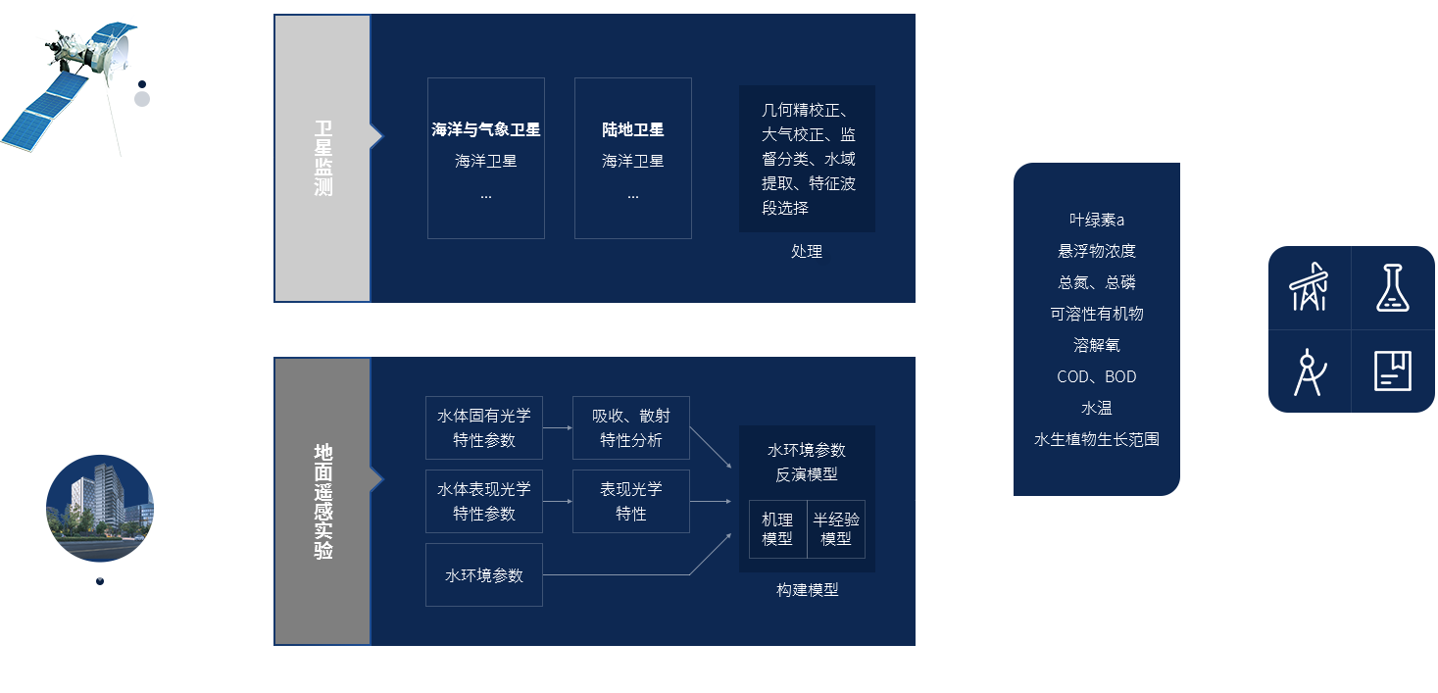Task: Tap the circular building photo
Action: tap(100, 508)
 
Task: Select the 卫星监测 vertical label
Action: tap(322, 158)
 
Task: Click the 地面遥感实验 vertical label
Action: tap(322, 501)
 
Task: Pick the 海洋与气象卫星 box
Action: tap(486, 158)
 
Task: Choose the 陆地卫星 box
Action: tap(633, 158)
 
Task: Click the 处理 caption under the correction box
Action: tap(807, 252)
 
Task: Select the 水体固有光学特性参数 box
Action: tap(484, 427)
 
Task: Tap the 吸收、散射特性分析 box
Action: tap(631, 427)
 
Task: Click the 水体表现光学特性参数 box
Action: tap(484, 501)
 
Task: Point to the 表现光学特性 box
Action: tap(631, 501)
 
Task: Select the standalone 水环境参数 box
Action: tap(484, 575)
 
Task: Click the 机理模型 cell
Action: tap(777, 529)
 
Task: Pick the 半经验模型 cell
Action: tap(836, 529)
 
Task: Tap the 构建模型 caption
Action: tap(807, 590)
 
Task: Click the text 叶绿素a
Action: tap(1096, 220)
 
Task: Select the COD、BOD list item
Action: tap(1096, 376)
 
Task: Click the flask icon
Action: tap(1393, 287)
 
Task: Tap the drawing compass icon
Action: tap(1310, 371)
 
